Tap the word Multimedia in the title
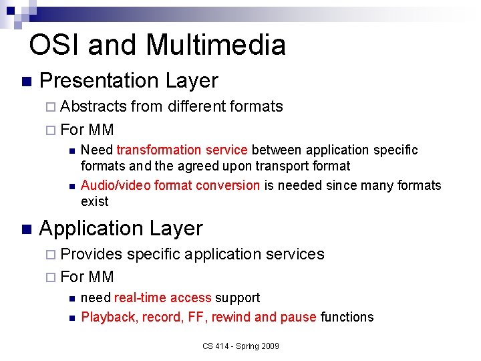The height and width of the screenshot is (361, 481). point(215,45)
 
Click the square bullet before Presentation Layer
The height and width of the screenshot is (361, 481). point(26,82)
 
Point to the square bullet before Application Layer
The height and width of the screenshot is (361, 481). point(26,229)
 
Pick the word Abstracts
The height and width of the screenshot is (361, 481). point(94,106)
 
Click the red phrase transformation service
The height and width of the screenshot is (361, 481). point(182,150)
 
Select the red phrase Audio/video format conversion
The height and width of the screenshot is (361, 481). point(170,185)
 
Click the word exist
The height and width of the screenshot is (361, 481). point(94,201)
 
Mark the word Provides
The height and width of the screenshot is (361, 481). point(92,254)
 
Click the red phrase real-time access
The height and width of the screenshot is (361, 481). point(163,297)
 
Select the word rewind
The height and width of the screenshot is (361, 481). point(230,317)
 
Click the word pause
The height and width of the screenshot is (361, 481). point(298,317)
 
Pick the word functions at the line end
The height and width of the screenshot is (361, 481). point(347,317)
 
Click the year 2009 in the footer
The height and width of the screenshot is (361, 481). point(269,346)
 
